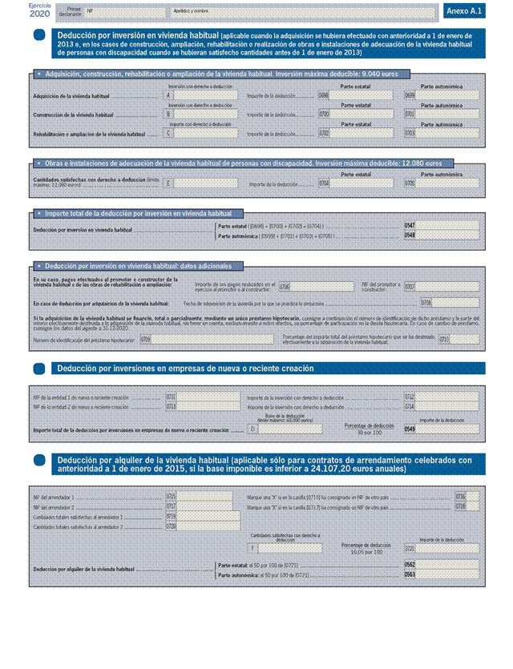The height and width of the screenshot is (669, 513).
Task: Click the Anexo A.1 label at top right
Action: pos(463,12)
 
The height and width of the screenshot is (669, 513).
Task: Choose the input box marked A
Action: pos(205,95)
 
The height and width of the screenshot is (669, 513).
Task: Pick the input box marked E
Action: pos(205,183)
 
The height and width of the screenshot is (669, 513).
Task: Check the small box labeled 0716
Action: pos(472,498)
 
